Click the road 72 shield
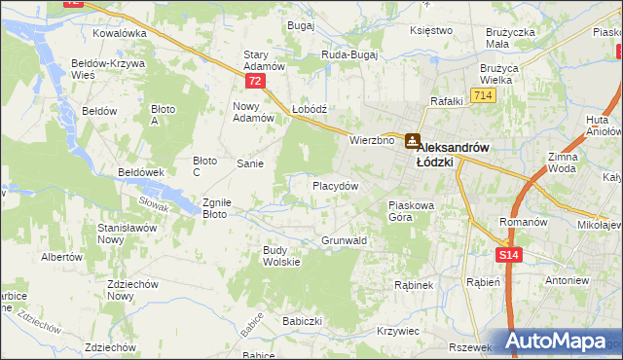(x=255, y=82)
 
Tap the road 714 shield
(x=482, y=95)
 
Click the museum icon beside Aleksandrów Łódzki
(x=412, y=140)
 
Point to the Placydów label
(x=336, y=185)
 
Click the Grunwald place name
(x=344, y=240)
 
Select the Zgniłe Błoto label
(x=215, y=208)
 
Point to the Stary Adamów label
(x=263, y=60)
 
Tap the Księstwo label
(x=432, y=30)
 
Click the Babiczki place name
(x=302, y=320)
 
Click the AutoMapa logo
(x=563, y=341)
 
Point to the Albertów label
(x=60, y=258)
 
